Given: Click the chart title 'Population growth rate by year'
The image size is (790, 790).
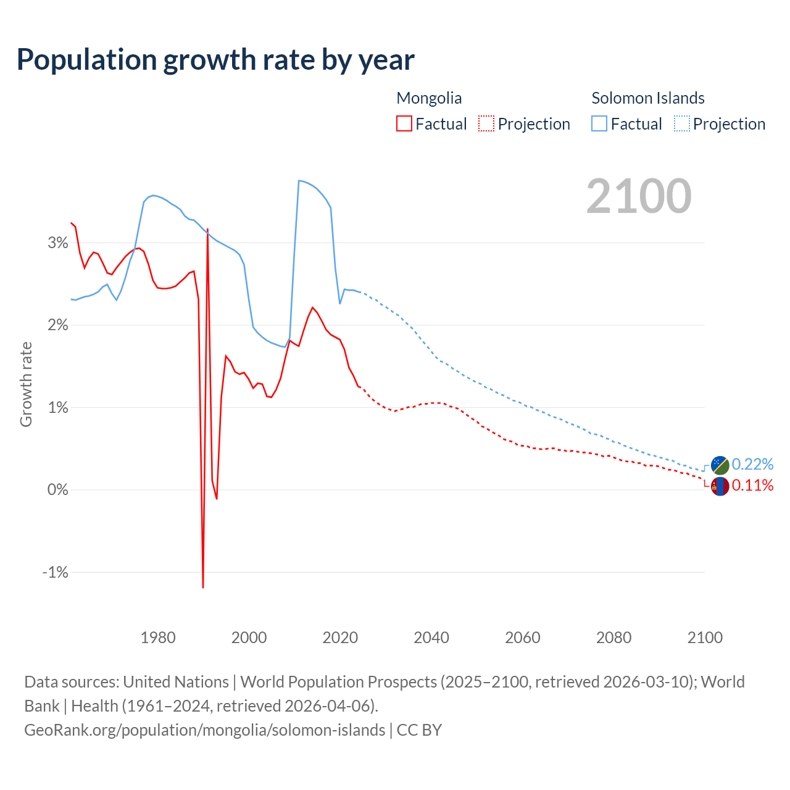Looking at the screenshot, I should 215,60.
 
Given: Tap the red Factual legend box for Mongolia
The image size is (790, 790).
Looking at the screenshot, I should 404,123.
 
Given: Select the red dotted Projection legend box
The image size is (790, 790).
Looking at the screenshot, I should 486,123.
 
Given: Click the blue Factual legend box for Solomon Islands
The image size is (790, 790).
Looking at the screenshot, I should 599,123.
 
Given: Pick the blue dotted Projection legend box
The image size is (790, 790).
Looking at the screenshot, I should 681,123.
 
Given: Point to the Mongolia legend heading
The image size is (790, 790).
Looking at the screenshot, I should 429,98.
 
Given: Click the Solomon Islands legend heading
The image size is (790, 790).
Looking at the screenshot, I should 648,98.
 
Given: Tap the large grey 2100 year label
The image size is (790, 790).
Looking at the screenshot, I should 639,196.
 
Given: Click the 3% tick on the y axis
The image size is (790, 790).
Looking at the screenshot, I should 57,243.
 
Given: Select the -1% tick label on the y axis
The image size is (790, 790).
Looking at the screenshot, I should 55,572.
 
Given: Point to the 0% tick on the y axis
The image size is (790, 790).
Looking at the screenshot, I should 57,490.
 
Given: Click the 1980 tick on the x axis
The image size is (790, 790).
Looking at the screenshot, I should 158,638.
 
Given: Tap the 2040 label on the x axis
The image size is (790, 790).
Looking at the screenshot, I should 431,638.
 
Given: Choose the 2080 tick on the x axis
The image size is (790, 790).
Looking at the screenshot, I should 613,638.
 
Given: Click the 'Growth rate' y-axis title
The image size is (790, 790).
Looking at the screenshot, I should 26,384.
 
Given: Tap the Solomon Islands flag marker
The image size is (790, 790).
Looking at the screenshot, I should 720,465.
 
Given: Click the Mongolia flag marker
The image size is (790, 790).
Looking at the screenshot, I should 720,486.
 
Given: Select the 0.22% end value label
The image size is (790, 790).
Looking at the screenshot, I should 752,464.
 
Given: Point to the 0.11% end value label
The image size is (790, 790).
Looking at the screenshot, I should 752,486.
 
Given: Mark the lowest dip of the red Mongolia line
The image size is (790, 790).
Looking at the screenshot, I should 203,587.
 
